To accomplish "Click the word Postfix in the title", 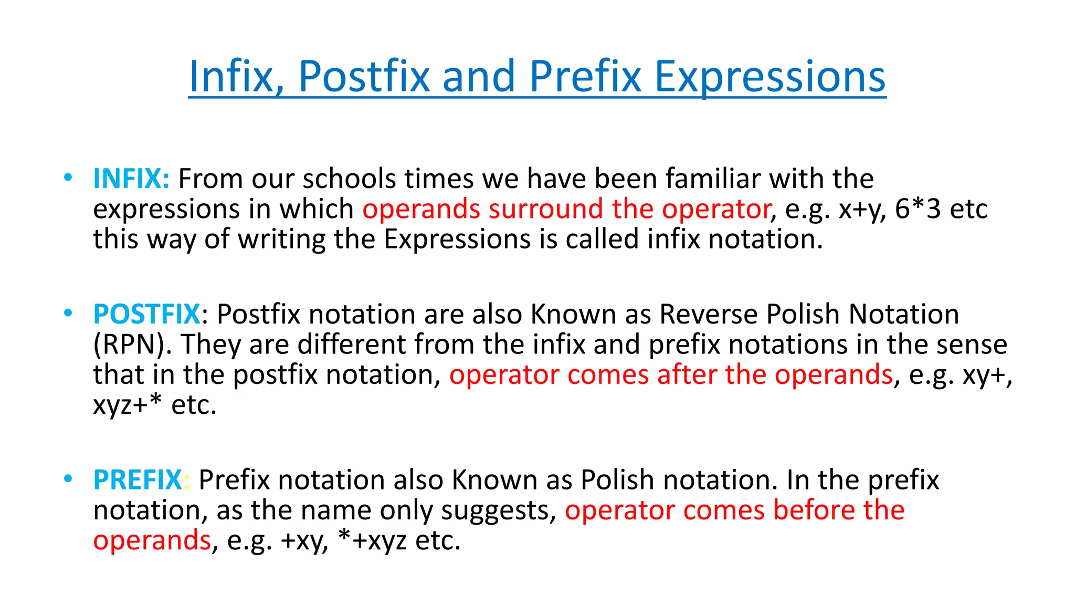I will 364,77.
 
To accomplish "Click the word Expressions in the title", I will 770,77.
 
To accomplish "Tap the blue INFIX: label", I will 131,179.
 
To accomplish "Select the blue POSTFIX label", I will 146,315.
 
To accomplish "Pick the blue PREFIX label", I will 138,480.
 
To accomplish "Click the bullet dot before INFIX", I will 68,178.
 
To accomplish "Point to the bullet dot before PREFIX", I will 68,479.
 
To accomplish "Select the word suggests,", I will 499,510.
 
